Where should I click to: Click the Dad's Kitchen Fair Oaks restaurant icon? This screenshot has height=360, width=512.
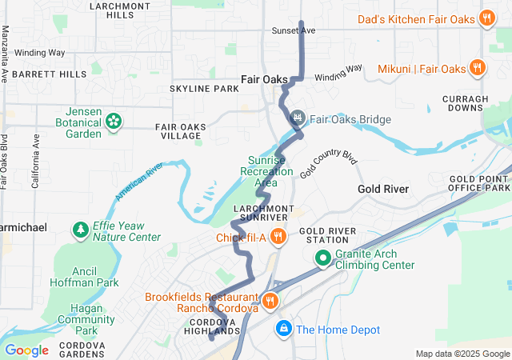[486, 18]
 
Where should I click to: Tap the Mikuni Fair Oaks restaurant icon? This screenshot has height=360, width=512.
[476, 68]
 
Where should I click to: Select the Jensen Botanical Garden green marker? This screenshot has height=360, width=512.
[114, 122]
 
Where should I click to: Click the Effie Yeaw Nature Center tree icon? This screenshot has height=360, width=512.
[81, 231]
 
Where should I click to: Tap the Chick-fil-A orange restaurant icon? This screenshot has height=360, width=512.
[278, 236]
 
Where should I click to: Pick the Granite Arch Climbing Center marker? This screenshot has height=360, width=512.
[323, 258]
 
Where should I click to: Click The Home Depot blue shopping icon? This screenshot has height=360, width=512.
[283, 329]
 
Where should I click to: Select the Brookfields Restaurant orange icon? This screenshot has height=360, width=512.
[270, 301]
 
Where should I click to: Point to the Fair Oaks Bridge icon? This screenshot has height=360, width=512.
[298, 119]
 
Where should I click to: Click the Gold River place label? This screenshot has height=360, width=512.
[383, 189]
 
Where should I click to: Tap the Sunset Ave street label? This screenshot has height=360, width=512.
[294, 30]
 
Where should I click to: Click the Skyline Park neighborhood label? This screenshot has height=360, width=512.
[204, 88]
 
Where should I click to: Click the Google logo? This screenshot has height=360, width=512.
[26, 350]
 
